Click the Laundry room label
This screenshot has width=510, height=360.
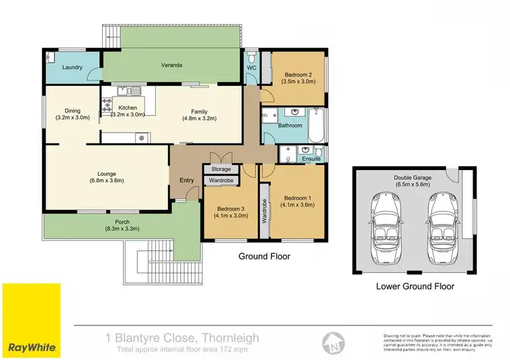click(72, 68)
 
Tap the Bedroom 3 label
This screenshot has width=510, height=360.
click(231, 209)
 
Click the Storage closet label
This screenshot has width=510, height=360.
click(221, 169)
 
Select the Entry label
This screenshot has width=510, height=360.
click(186, 180)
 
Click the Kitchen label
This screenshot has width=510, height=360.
click(128, 108)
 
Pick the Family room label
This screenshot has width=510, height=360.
click(199, 112)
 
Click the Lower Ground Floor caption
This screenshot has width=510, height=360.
click(415, 287)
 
